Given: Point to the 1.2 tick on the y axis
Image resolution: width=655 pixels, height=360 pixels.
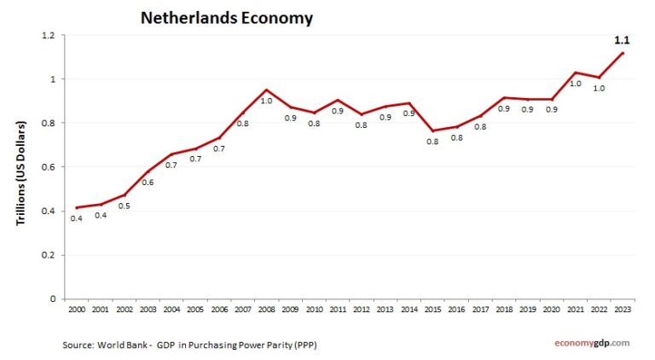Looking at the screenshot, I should click(x=47, y=35).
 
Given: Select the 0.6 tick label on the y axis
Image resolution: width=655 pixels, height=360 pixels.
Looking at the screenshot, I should click(x=47, y=167).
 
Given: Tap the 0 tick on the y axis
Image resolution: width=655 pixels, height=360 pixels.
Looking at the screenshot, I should click(x=52, y=299).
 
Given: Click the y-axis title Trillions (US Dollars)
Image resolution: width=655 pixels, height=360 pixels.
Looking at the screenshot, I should click(x=20, y=172).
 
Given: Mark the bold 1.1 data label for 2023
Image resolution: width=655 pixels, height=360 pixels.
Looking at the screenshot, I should click(x=623, y=39).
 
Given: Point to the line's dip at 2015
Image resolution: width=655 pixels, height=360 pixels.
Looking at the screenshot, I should click(x=433, y=131).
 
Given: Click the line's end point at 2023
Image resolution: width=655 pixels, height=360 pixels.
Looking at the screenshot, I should click(x=623, y=53).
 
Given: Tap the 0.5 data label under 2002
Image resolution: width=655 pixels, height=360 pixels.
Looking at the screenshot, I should click(x=125, y=206).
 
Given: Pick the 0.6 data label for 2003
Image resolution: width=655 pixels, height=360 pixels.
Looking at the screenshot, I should click(x=148, y=183).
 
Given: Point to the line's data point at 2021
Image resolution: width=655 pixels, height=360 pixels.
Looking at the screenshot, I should click(x=576, y=73).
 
